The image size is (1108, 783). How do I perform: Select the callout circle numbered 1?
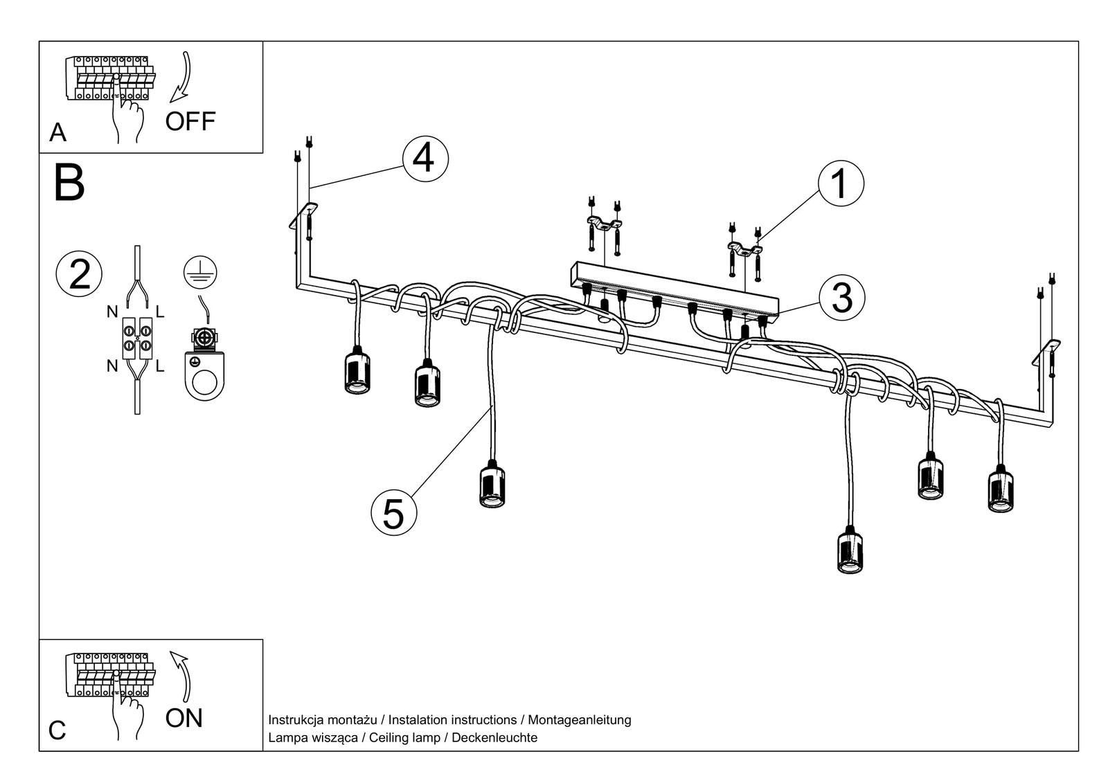pyautogui.click(x=841, y=184)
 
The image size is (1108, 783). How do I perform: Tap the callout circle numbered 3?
pyautogui.click(x=841, y=298)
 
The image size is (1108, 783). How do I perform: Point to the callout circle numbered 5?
pyautogui.click(x=393, y=513)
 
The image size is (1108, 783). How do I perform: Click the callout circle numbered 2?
pyautogui.click(x=80, y=274)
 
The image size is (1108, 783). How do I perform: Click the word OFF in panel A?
pyautogui.click(x=190, y=122)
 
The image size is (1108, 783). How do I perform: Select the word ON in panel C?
pyautogui.click(x=184, y=718)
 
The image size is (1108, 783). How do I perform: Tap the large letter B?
pyautogui.click(x=69, y=183)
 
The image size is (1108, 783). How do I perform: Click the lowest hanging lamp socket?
pyautogui.click(x=850, y=551)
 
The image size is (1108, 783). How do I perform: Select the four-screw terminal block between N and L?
pyautogui.click(x=137, y=338)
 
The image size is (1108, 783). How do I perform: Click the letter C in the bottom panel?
pyautogui.click(x=57, y=730)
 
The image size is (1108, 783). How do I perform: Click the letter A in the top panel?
pyautogui.click(x=57, y=132)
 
